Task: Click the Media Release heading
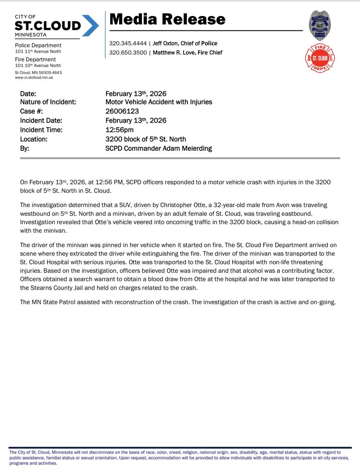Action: pos(167,19)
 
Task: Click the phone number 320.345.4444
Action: pos(128,43)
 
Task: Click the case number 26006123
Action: pos(122,111)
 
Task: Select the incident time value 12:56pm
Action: pos(119,130)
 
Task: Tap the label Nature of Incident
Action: pos(48,102)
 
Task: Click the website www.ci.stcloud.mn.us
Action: pos(34,78)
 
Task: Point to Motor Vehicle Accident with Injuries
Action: pos(159,102)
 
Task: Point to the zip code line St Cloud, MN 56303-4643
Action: pos(38,72)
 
